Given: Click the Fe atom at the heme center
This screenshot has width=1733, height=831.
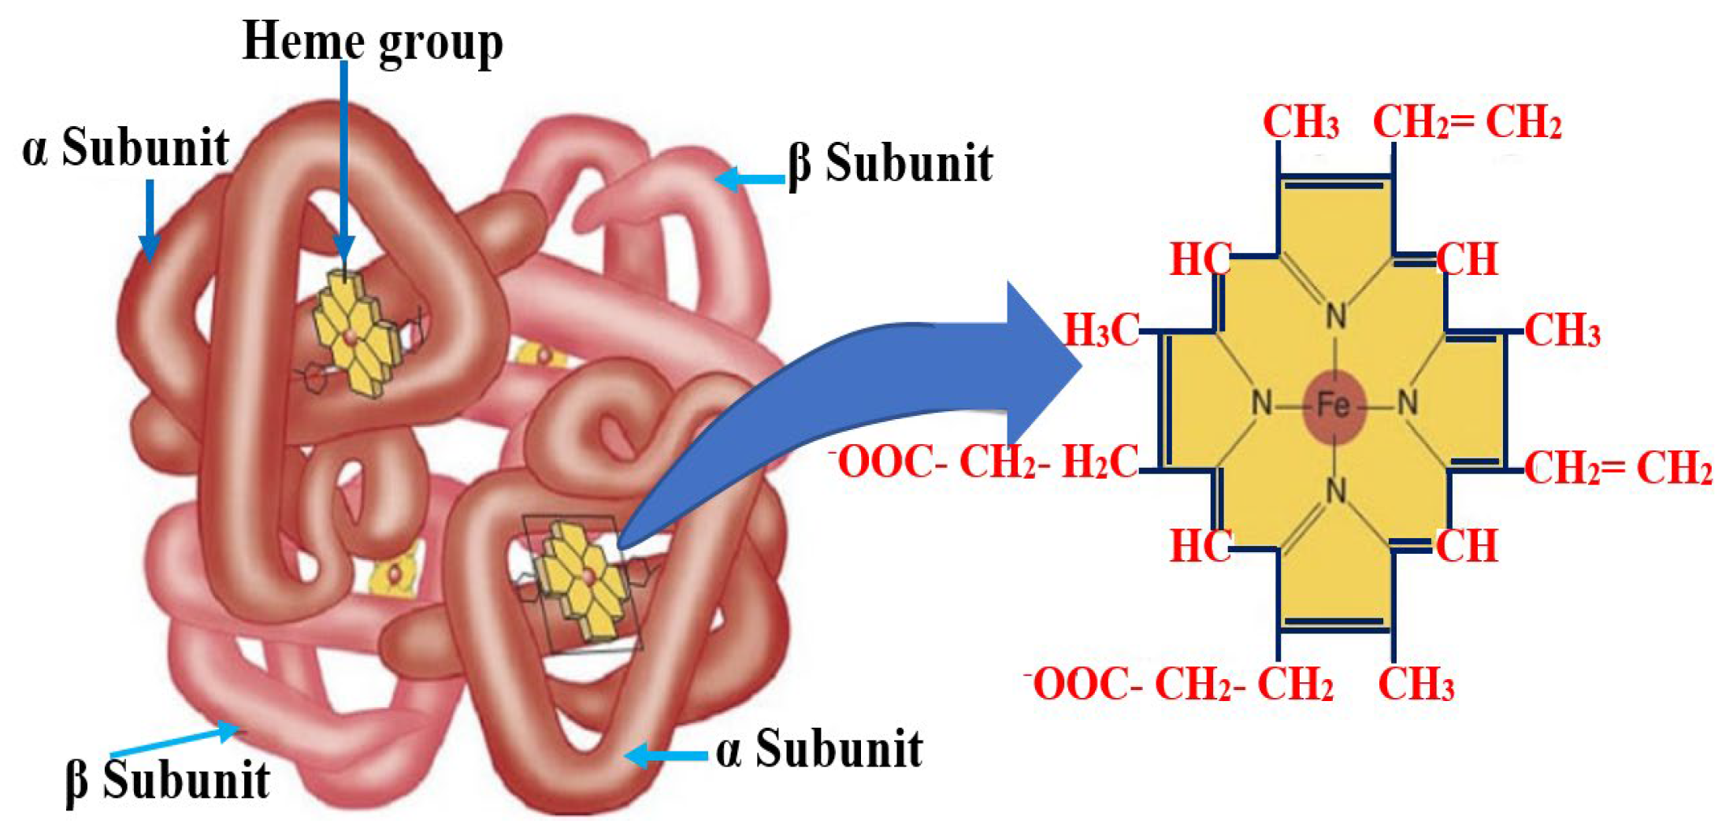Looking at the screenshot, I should pos(1334,406).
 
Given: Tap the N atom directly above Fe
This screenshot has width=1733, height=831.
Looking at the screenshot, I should pos(1335,317).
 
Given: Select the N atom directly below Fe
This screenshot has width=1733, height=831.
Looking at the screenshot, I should pos(1335,492).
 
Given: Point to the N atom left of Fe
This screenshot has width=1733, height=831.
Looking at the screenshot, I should pos(1262,404).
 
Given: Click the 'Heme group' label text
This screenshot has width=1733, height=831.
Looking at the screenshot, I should pos(372,41).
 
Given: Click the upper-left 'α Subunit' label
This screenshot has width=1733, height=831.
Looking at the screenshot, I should pos(126,148).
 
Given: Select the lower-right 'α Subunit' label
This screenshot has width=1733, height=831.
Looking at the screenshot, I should pos(819,749).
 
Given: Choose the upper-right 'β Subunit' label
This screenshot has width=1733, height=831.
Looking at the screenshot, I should pos(890,164).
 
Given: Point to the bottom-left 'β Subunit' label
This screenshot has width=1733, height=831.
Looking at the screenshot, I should pos(168,781).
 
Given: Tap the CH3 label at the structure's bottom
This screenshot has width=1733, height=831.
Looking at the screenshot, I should pos(1416,684).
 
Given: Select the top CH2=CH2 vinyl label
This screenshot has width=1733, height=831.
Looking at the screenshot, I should pos(1467,123).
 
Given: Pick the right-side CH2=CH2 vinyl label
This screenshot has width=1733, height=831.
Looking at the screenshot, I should pos(1618,469).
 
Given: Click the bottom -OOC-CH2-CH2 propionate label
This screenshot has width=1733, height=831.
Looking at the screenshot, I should pos(1178,684).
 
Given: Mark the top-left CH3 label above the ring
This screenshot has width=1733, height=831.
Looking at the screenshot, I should pos(1301,123).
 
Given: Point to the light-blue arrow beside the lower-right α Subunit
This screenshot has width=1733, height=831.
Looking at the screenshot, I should pos(666,756).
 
